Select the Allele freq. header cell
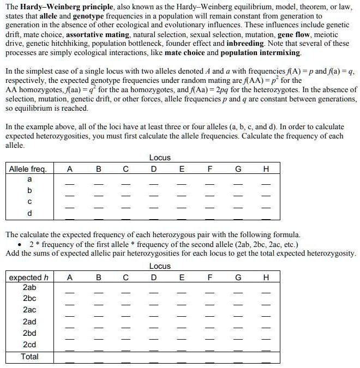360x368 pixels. (x=28, y=169)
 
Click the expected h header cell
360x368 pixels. (x=29, y=277)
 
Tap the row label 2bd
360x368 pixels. (x=29, y=333)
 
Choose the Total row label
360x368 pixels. (x=29, y=356)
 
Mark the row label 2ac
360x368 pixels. (x=29, y=310)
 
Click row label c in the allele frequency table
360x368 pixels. (x=29, y=201)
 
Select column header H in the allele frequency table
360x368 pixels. (x=266, y=169)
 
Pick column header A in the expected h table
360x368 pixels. (x=69, y=277)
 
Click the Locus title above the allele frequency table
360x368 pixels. (x=160, y=158)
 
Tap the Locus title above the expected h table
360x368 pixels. (x=160, y=266)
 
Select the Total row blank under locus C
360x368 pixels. (x=125, y=361)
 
